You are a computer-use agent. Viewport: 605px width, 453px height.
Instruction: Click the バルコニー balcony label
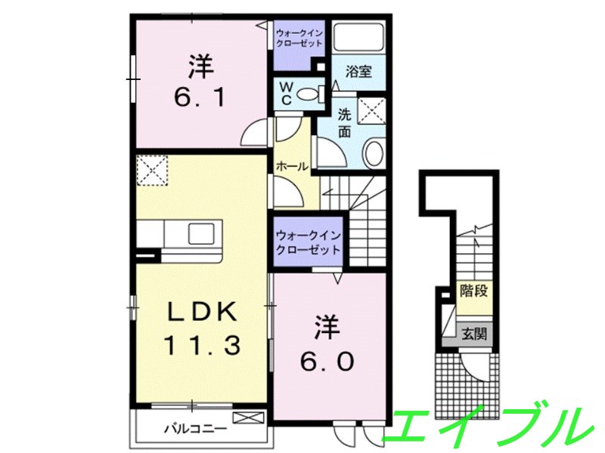click(x=195, y=428)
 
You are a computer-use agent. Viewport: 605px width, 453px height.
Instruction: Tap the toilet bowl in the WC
click(x=308, y=94)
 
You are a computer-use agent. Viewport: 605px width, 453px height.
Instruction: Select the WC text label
click(x=287, y=94)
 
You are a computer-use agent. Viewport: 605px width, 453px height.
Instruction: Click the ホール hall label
click(x=291, y=166)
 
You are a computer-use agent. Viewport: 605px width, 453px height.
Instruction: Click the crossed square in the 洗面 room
click(x=371, y=110)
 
